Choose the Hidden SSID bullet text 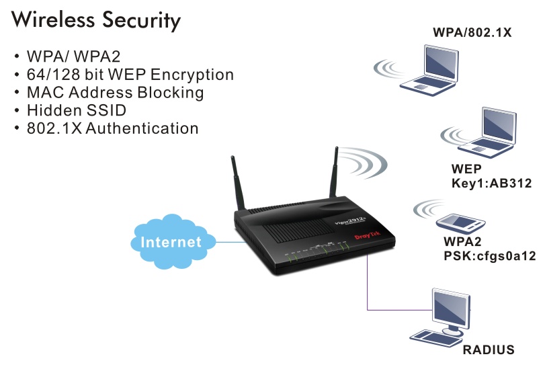pos(76,109)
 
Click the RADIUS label pos(489,349)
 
